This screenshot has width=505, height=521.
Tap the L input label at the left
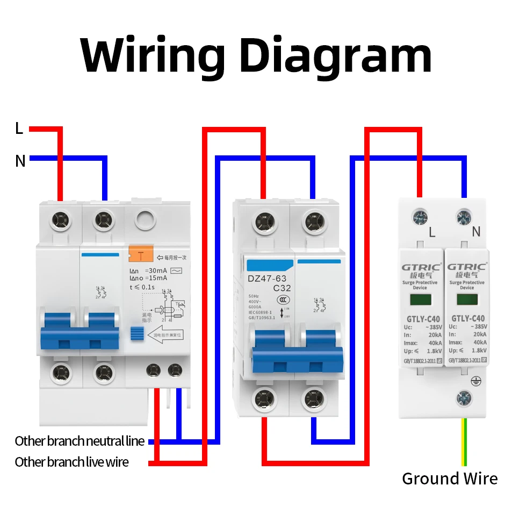pos(19,129)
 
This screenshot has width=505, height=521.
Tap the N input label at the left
pos(20,161)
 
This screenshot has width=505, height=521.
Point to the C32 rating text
pos(282,288)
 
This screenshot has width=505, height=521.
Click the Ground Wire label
pos(450,479)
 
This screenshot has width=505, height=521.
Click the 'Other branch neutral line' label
pos(80,441)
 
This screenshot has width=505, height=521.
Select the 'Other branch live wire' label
pos(71,462)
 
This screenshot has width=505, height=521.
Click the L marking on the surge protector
pos(432,232)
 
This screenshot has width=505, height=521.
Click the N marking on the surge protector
pos(475,232)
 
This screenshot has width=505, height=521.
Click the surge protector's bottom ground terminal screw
pos(464,398)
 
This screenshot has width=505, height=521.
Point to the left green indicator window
pos(420,300)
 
